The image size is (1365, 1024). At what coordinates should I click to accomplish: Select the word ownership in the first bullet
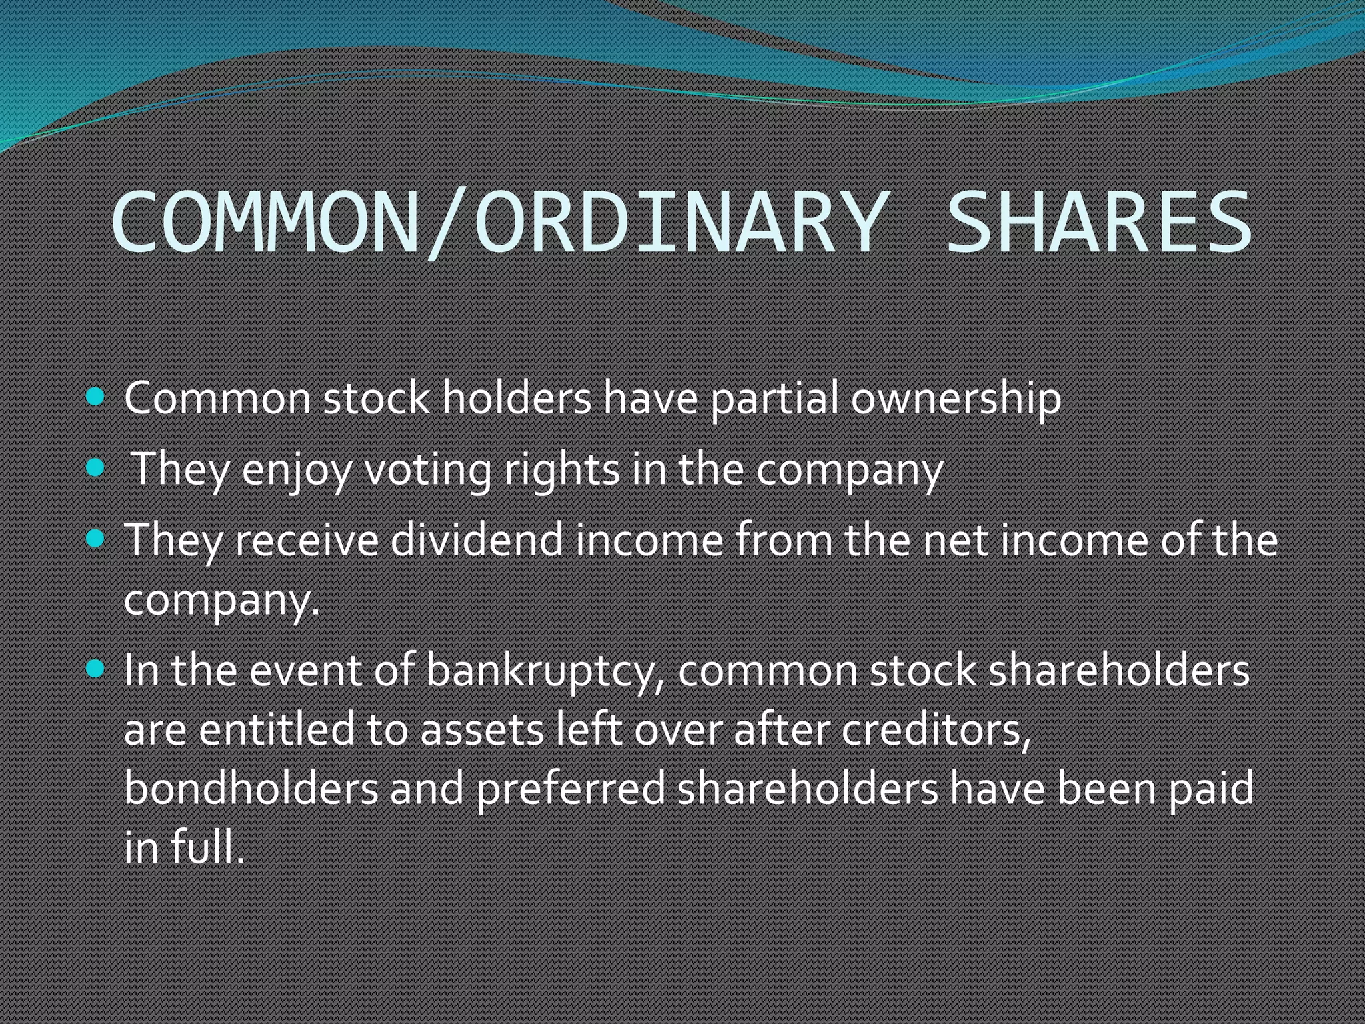pyautogui.click(x=956, y=399)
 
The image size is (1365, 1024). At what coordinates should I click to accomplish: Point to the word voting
pyautogui.click(x=427, y=470)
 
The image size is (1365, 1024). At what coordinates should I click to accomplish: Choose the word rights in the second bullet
pyautogui.click(x=561, y=470)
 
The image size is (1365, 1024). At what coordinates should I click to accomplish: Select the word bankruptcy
pyautogui.click(x=545, y=671)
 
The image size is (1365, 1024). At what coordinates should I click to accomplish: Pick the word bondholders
pyautogui.click(x=251, y=788)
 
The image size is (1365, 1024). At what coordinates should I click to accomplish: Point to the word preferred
pyautogui.click(x=571, y=788)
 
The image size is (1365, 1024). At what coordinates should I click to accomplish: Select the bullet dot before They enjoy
pyautogui.click(x=96, y=467)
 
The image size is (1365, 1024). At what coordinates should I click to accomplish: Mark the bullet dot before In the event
pyautogui.click(x=96, y=669)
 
